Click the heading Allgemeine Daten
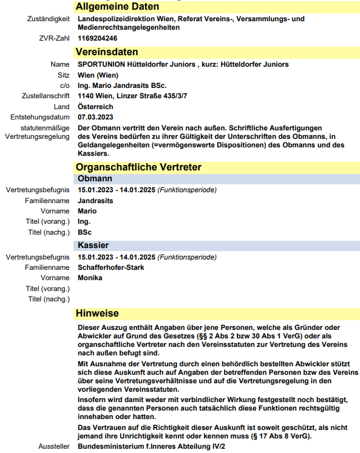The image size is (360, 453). tap(117, 7)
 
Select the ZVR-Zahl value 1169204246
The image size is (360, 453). tap(98, 38)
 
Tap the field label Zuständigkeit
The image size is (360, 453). tap(49, 19)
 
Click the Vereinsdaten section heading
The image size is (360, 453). tap(107, 52)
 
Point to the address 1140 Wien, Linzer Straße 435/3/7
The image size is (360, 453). tap(132, 96)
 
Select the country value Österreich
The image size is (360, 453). tap(95, 107)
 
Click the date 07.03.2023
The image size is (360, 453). tap(95, 117)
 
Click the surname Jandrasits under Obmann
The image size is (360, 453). tap(95, 200)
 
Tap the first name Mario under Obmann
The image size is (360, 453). tap(87, 211)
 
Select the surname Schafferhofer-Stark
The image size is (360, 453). tap(111, 267)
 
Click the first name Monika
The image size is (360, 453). tap(90, 278)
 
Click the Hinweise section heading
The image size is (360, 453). tap(97, 313)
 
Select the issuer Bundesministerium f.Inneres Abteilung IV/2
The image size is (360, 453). tap(151, 446)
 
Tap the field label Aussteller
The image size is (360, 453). tap(54, 446)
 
